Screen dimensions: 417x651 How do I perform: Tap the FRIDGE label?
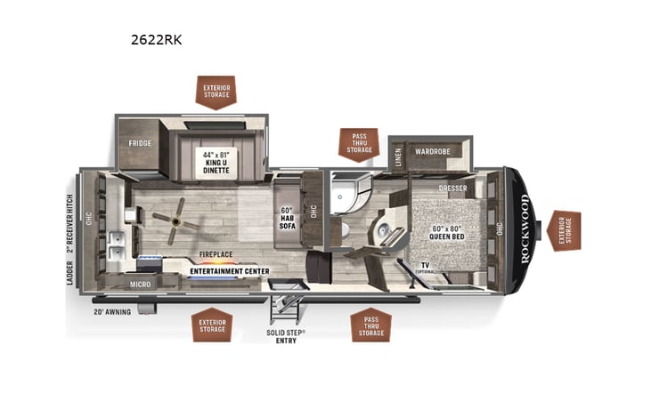tap(138, 142)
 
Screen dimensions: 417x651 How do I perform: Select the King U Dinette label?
tap(218, 162)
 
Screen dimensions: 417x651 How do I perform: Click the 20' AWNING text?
tap(111, 312)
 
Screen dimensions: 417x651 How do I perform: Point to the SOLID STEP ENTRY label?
tap(285, 336)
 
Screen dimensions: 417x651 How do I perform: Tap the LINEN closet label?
tap(398, 156)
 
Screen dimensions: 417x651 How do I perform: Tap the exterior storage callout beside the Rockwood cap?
tap(565, 230)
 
